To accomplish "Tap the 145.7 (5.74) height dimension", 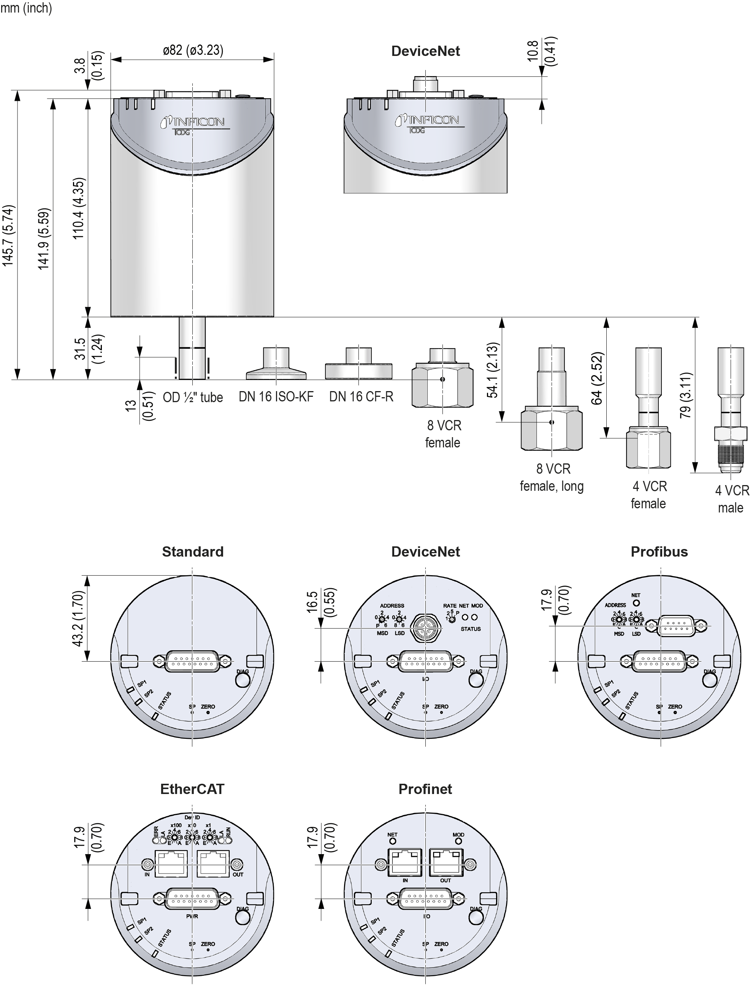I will tap(9, 236).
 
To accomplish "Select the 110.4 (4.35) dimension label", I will tap(79, 208).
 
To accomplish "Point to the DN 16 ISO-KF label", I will tap(276, 396).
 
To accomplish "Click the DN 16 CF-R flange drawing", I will tap(358, 366).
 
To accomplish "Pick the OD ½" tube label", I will tap(192, 397).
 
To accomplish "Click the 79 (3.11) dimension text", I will tap(686, 395).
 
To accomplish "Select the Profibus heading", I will tap(659, 552).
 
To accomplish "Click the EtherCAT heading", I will tap(192, 789).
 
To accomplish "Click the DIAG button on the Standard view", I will tap(243, 679).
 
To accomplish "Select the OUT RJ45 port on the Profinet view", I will tap(446, 862).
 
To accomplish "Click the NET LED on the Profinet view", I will tap(392, 841).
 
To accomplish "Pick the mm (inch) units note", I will tap(26, 8).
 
